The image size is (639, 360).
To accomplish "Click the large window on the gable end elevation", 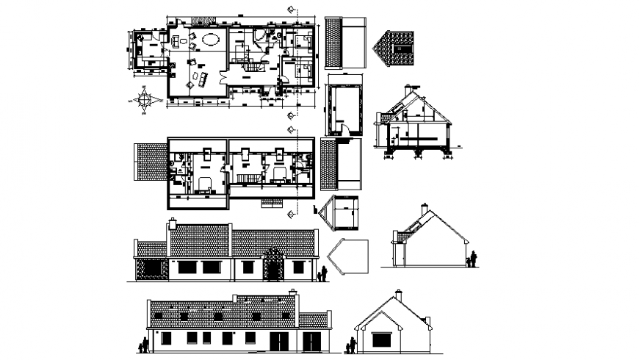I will click(x=381, y=339).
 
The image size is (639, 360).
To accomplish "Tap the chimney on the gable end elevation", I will click(x=398, y=294).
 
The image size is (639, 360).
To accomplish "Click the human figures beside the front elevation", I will click(x=322, y=273).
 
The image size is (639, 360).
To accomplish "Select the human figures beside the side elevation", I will click(x=472, y=259).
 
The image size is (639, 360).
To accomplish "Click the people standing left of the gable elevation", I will click(x=352, y=344).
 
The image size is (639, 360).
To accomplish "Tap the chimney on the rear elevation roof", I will click(x=294, y=292).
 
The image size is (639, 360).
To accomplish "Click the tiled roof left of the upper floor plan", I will click(x=151, y=162).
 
